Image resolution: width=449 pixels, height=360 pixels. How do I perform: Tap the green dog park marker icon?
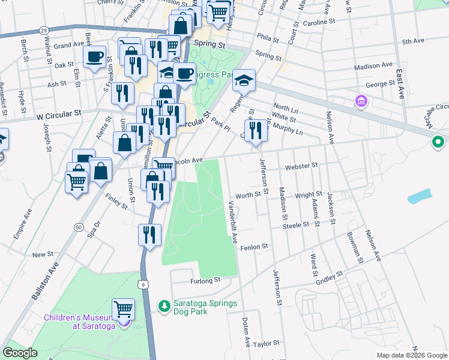coord(164,306)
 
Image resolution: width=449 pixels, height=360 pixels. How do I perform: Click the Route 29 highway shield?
coord(44,29)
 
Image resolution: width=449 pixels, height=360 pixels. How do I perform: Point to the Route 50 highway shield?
coord(79,227)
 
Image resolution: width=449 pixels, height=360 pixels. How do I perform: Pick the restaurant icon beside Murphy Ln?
coord(255,130)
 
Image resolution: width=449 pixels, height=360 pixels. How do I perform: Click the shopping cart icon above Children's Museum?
coord(123,309)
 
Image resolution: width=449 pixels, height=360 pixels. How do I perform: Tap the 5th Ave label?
coord(413,41)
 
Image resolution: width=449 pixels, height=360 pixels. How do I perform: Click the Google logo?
coord(20,353)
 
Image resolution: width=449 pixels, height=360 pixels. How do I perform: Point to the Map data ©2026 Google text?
coord(411,355)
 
